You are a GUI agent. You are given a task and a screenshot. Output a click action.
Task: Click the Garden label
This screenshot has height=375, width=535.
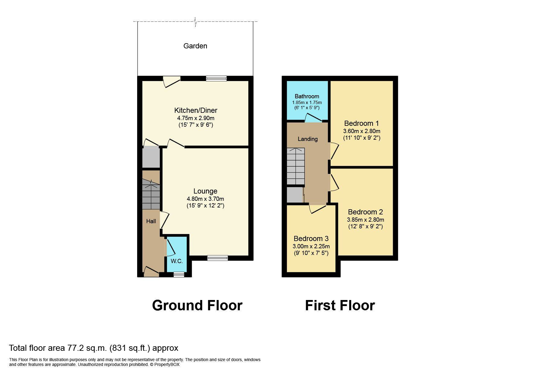tap(195, 46)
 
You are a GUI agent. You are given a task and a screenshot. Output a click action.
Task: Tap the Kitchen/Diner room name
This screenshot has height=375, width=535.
tap(196, 110)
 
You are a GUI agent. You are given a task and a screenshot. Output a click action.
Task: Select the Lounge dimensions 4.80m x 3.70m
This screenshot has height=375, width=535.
tap(205, 199)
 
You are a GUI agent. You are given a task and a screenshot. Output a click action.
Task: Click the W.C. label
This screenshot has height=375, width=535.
tap(177, 261)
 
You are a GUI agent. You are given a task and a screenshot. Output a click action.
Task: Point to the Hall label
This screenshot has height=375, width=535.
tap(151, 221)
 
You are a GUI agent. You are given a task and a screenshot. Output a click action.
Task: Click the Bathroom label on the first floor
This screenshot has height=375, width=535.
tap(307, 96)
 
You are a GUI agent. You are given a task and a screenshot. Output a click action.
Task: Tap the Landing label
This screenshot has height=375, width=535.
tap(308, 139)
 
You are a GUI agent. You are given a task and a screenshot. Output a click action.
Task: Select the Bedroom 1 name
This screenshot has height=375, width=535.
tap(361, 123)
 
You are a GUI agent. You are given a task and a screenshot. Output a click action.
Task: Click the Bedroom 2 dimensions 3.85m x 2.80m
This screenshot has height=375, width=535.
tap(366, 220)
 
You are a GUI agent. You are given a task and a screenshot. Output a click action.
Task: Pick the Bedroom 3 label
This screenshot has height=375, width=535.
tap(311, 239)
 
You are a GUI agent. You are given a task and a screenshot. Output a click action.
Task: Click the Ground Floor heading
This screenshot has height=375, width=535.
tap(197, 305)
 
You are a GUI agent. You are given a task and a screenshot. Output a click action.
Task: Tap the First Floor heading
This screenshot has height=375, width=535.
tap(340, 305)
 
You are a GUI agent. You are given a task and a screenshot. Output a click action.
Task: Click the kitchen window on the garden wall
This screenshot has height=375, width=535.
tap(216, 79)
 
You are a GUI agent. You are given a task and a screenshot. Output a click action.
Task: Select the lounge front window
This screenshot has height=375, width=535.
tap(218, 258)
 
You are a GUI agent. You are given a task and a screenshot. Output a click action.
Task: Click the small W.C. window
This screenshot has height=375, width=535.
tap(179, 275)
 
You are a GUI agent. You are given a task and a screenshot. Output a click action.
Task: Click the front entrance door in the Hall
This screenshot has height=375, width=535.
tap(151, 272)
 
